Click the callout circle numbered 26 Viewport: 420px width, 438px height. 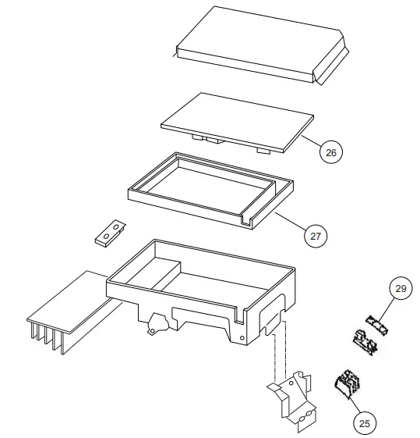coord(331,152)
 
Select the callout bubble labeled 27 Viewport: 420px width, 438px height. coord(316,234)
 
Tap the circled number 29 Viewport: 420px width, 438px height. coord(400,290)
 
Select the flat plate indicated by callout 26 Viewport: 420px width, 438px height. coord(234,121)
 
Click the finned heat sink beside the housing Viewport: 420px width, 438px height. coord(70,312)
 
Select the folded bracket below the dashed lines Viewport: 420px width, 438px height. coord(292,398)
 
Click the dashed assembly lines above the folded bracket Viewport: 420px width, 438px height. coord(274,355)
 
